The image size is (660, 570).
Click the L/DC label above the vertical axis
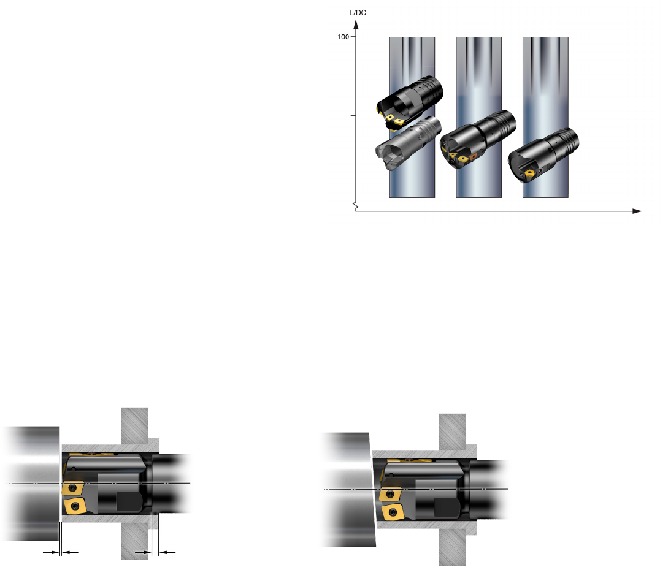(x=358, y=13)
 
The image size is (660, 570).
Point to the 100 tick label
(x=343, y=37)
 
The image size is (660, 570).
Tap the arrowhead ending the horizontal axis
(x=637, y=211)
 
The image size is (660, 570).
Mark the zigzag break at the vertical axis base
(x=355, y=206)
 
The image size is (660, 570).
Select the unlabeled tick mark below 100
(x=353, y=115)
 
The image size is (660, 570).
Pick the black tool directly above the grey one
(x=410, y=102)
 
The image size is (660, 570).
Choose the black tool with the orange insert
(x=478, y=139)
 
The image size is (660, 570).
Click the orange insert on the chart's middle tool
(x=473, y=157)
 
